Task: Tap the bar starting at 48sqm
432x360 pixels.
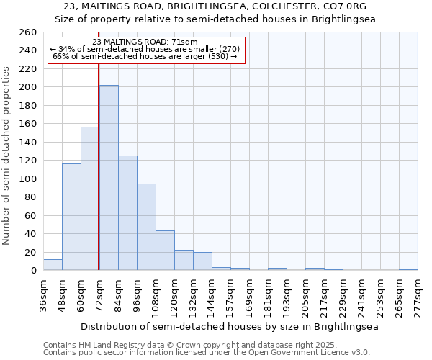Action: [x=71, y=217]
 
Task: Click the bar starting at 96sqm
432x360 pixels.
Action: [x=146, y=227]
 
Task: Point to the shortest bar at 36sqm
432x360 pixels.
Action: [x=53, y=265]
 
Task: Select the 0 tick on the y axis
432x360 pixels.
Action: [x=33, y=271]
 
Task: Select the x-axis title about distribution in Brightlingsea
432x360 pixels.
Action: [x=229, y=326]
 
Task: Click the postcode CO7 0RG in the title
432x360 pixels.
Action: [x=342, y=6]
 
